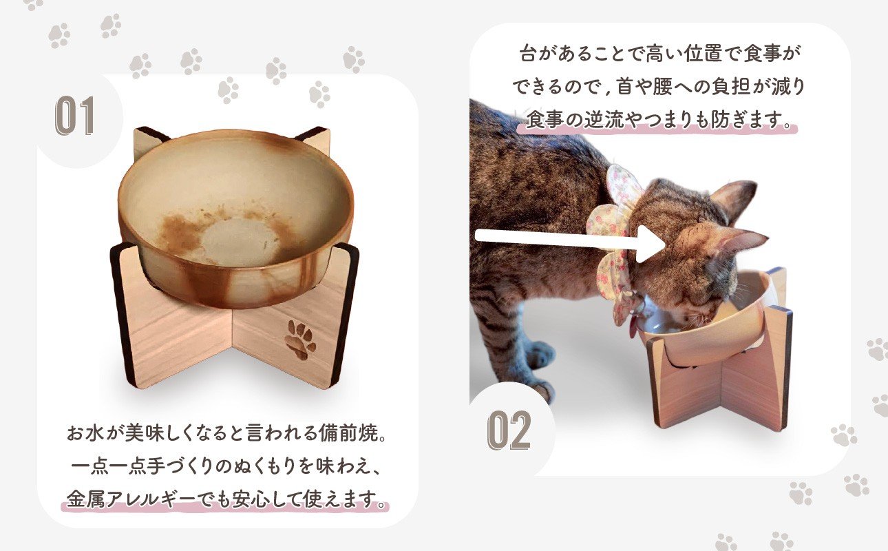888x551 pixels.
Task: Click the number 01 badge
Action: pyautogui.click(x=74, y=116)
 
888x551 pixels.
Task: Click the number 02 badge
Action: pyautogui.click(x=509, y=430)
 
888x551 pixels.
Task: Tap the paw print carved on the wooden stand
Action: pyautogui.click(x=301, y=340)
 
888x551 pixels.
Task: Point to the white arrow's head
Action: pyautogui.click(x=650, y=244)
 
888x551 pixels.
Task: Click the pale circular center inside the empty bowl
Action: pyautogui.click(x=240, y=241)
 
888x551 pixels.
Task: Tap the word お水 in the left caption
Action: pyautogui.click(x=85, y=433)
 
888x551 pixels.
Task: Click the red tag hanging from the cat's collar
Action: pyautogui.click(x=633, y=329)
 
